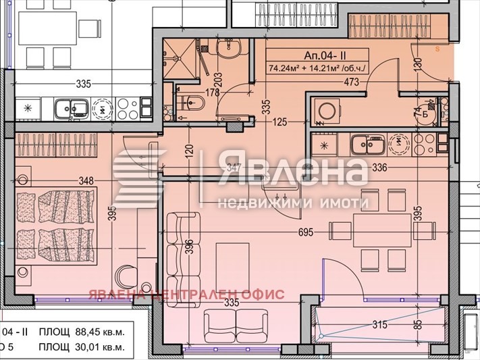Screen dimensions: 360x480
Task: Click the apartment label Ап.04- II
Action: click(317, 55)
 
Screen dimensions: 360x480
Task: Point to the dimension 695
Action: click(306, 232)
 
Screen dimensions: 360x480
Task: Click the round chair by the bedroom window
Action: click(125, 276)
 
